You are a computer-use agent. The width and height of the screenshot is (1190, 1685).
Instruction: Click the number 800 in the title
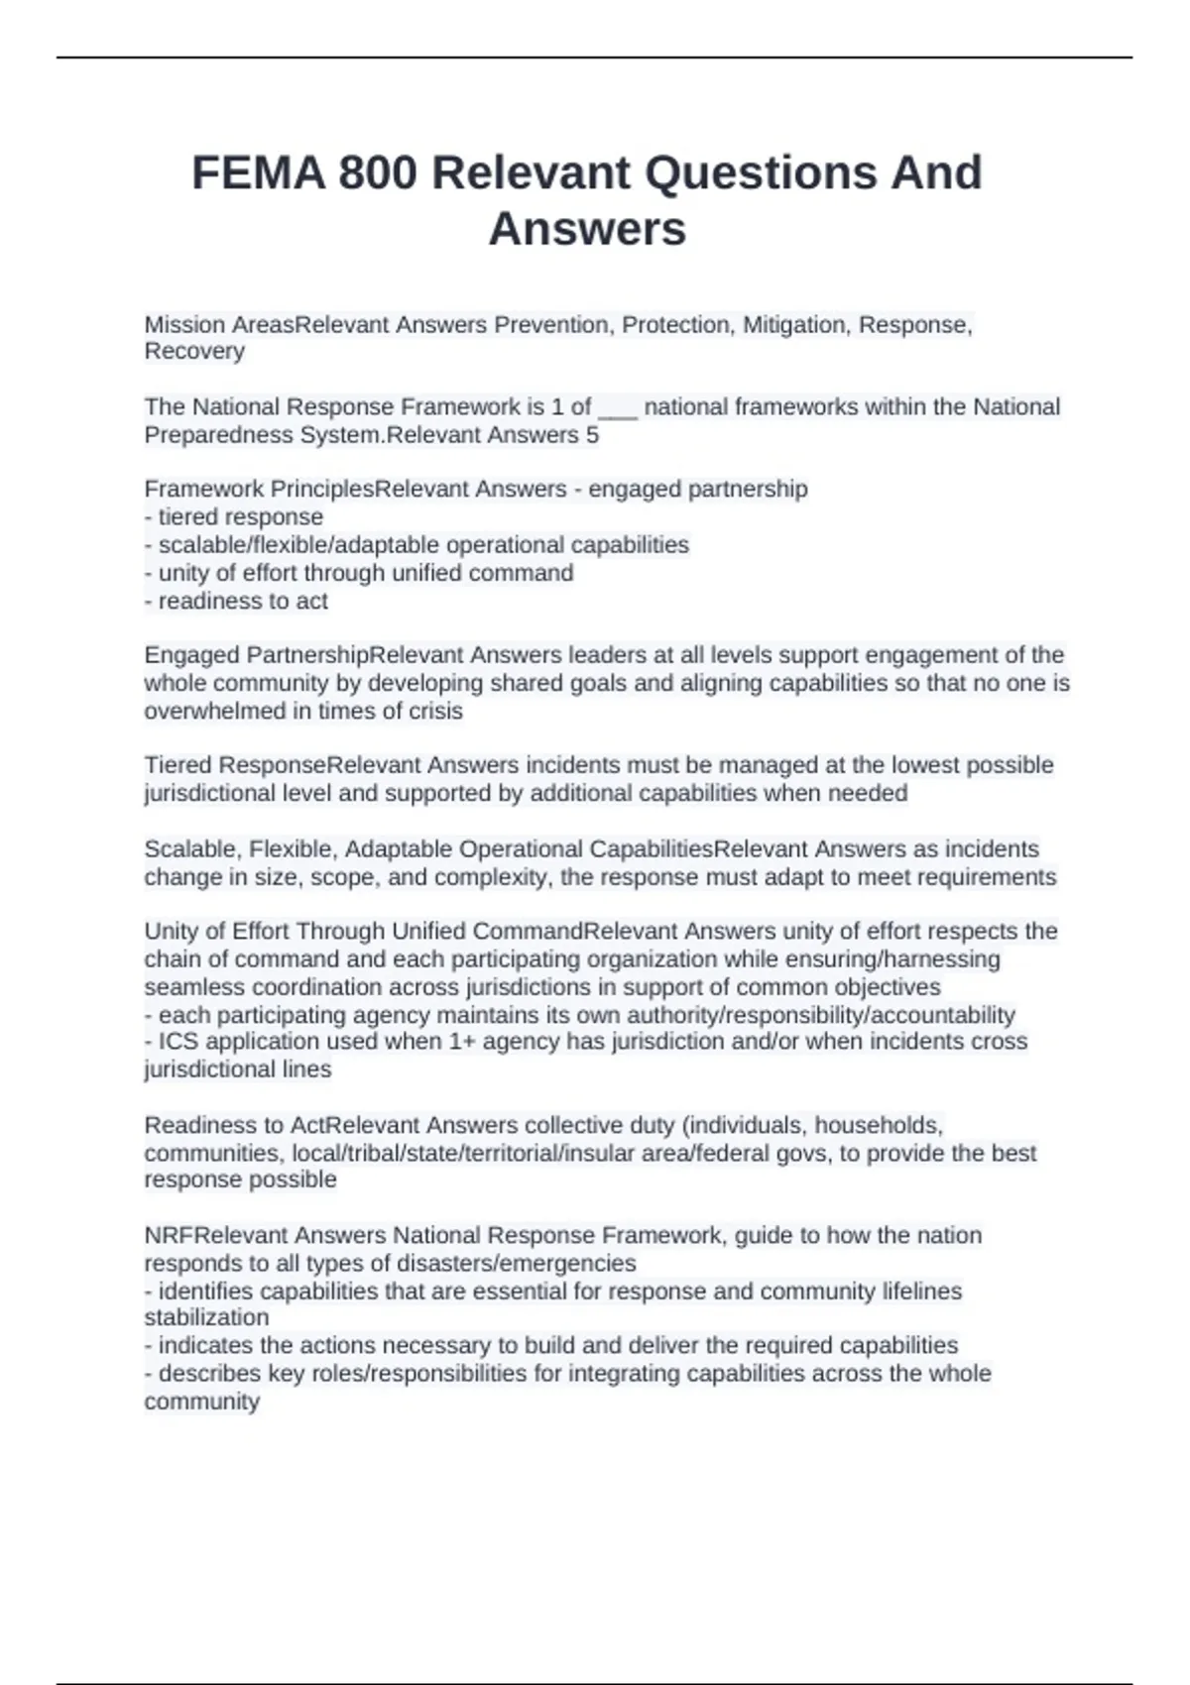pyautogui.click(x=377, y=173)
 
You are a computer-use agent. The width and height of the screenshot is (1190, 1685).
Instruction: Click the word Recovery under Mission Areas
pyautogui.click(x=194, y=351)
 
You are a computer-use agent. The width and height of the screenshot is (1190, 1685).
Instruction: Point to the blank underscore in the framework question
pyautogui.click(x=618, y=407)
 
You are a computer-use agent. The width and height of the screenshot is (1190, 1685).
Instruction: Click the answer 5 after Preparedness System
pyautogui.click(x=592, y=435)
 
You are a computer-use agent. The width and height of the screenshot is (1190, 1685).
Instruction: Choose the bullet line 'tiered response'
pyautogui.click(x=234, y=517)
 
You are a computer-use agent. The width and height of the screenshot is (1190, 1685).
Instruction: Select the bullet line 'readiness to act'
pyautogui.click(x=237, y=602)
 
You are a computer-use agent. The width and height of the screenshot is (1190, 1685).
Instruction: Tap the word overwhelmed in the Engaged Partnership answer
pyautogui.click(x=204, y=712)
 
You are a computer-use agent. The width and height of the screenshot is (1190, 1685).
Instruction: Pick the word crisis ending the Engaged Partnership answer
pyautogui.click(x=435, y=712)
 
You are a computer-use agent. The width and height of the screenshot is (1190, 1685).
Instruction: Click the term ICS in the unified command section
pyautogui.click(x=178, y=1042)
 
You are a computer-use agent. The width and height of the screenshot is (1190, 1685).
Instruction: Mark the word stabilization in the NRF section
pyautogui.click(x=206, y=1318)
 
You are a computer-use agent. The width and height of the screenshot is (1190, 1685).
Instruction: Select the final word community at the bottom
pyautogui.click(x=202, y=1403)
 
